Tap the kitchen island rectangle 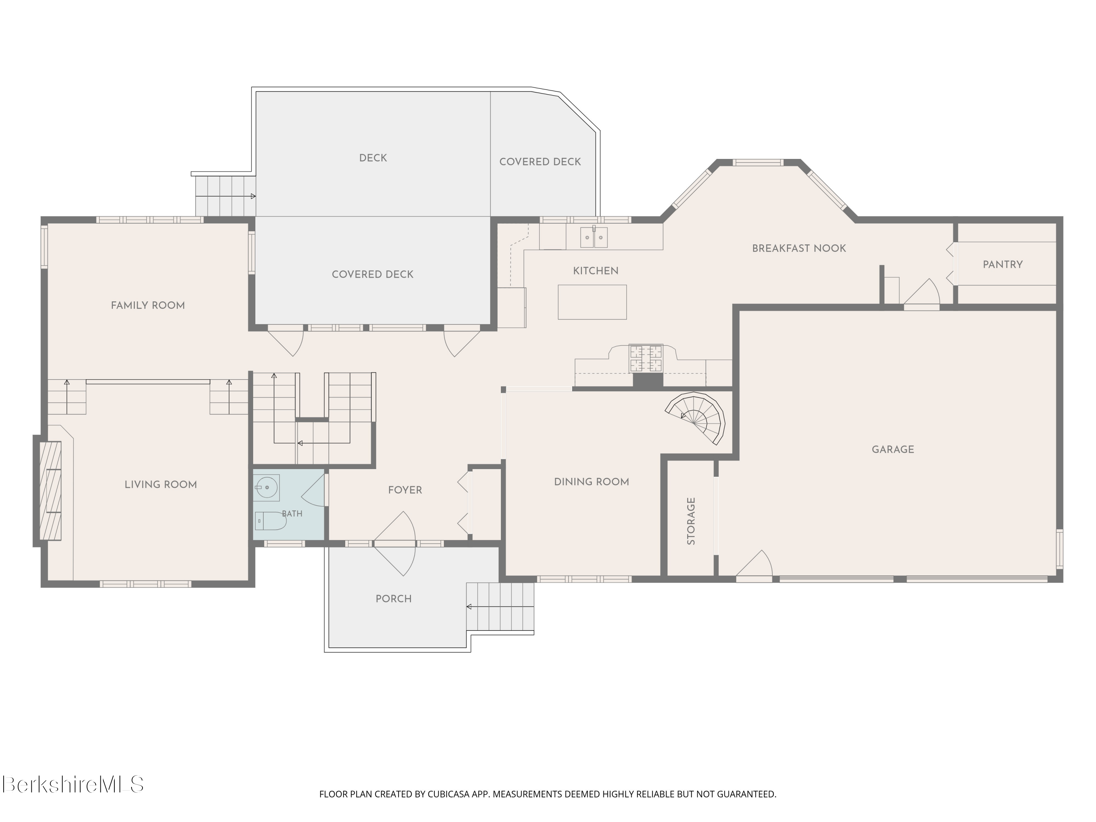point(592,302)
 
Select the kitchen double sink point(594,237)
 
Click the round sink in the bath point(267,488)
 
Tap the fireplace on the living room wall point(50,491)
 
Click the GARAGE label point(893,449)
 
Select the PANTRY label point(1003,265)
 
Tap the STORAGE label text point(691,521)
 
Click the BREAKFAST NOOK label point(799,248)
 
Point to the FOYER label point(405,490)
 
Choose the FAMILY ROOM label point(148,305)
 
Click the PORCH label point(393,598)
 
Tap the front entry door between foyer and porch point(395,544)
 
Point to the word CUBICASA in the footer point(448,794)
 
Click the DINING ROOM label point(591,482)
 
